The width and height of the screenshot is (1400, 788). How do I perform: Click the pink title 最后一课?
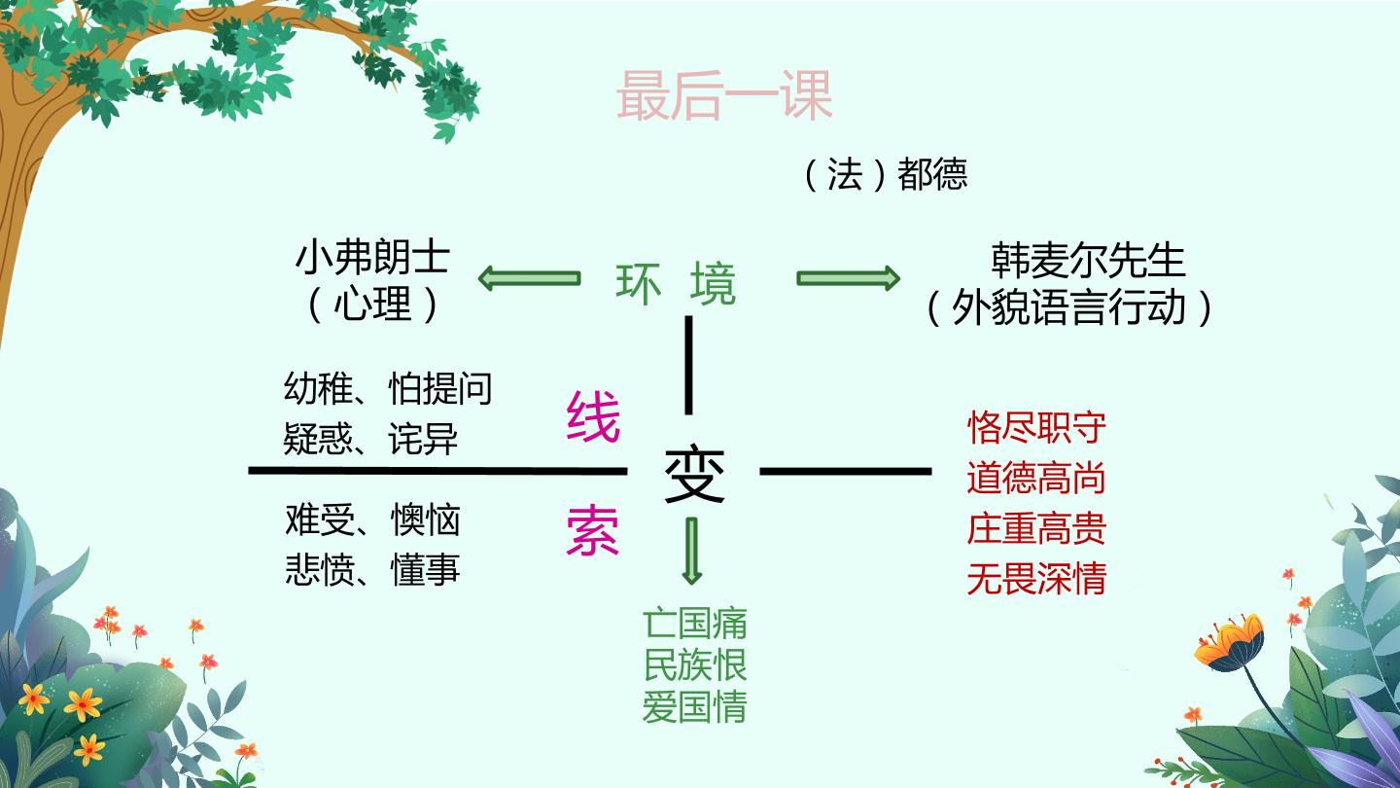[723, 95]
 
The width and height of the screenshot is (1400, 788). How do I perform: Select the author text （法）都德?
[885, 174]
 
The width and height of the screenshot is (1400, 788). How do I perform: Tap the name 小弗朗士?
[372, 257]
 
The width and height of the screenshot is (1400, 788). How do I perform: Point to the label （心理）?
[372, 304]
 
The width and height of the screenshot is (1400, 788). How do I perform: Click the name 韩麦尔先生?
[1088, 260]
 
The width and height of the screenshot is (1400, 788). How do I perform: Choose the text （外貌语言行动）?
[1068, 307]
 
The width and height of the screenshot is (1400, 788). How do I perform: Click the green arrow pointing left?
[529, 277]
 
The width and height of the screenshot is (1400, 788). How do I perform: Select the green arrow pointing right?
[848, 277]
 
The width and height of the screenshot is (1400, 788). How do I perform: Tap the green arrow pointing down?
[692, 551]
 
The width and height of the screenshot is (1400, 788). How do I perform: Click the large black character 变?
[694, 474]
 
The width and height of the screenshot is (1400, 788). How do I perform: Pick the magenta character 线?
[593, 416]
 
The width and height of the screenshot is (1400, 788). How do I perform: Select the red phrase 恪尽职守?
[1036, 428]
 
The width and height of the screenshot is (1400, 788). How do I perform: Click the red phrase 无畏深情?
[1036, 579]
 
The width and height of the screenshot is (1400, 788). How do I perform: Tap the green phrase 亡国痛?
[695, 624]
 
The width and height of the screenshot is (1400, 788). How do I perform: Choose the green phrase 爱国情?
[695, 706]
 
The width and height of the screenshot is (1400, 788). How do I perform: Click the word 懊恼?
[425, 519]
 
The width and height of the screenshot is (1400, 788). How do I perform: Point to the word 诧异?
[423, 439]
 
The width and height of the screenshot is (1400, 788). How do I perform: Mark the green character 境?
[714, 284]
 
